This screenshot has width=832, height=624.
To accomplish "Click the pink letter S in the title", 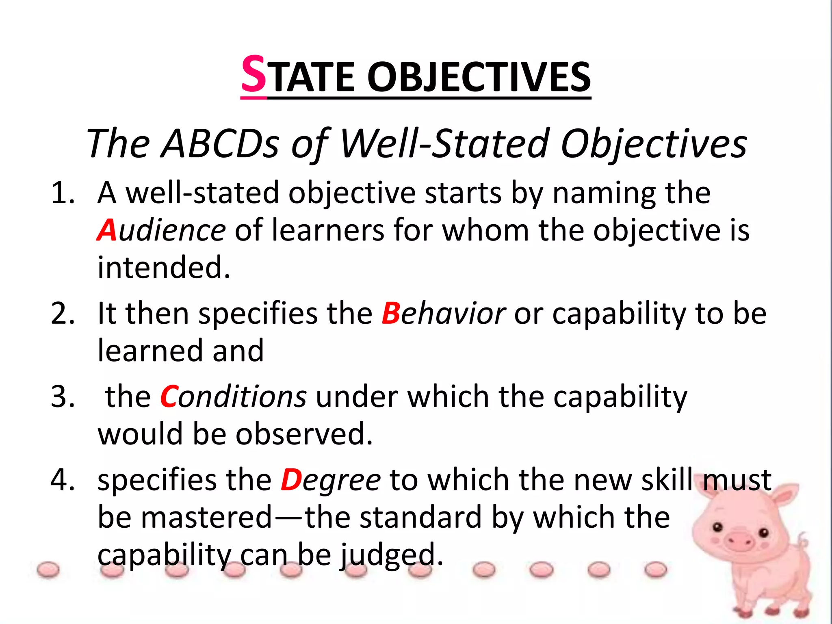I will (x=254, y=75).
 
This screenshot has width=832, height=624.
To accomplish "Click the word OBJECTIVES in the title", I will (x=479, y=77).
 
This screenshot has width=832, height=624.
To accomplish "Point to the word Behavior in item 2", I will (x=443, y=314).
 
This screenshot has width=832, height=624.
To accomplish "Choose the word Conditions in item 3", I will (x=233, y=397).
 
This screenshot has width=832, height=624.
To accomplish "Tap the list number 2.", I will (x=63, y=314).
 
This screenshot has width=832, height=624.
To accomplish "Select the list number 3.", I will (x=63, y=397).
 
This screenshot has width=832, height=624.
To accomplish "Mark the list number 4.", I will (x=63, y=480).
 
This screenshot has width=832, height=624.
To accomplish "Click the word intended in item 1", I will (x=163, y=268).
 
